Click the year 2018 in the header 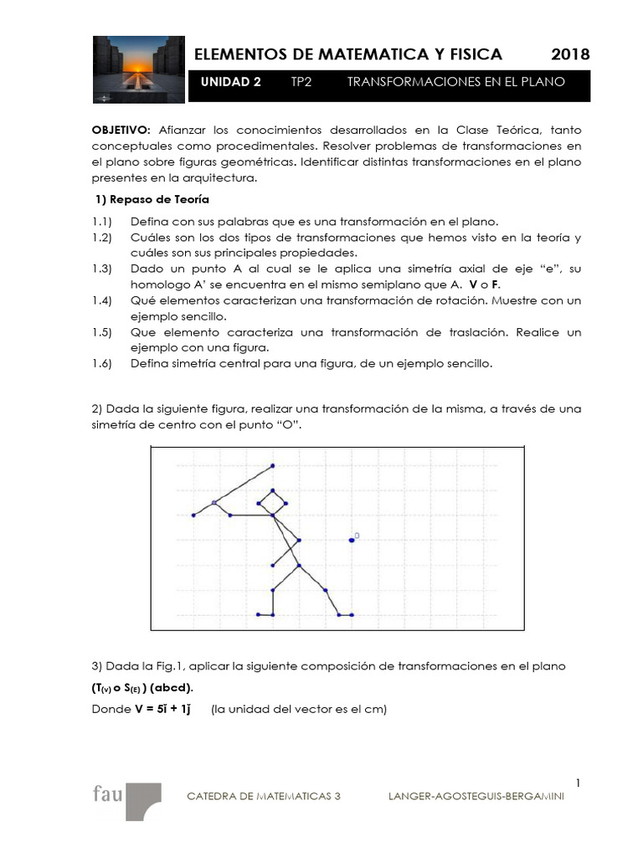pos(570,54)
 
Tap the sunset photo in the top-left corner pos(137,69)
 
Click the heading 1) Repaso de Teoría pos(152,200)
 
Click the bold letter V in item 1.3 pos(473,284)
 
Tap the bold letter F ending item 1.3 pos(496,284)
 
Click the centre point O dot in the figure pos(352,540)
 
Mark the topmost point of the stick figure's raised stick pos(272,465)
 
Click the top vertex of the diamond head pos(272,490)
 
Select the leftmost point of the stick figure pos(193,516)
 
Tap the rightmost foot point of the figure pos(352,615)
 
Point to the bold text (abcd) pos(172,688)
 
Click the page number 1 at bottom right pos(578,783)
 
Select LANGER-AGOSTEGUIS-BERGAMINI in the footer pos(476,797)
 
